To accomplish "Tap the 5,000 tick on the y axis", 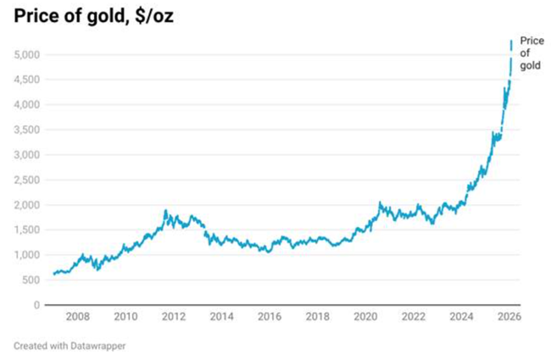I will point(26,55).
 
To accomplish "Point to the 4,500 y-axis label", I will point(26,80).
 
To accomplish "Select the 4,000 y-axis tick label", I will point(26,105).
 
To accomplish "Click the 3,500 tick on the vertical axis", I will point(26,130).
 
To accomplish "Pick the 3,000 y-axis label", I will point(26,155).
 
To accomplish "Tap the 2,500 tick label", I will point(26,180).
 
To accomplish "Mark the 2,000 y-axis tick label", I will point(26,205).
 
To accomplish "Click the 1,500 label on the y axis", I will point(26,230).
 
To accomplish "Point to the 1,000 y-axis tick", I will point(26,255).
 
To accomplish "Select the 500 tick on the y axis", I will point(31,280).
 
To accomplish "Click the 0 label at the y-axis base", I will point(37,305).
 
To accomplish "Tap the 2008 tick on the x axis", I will point(77,318).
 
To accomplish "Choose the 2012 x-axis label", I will point(173,318).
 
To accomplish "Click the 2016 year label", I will point(269,318).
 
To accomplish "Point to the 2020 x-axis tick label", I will point(365,318).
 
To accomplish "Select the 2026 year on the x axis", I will point(509,318).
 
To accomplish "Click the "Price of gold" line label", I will point(531,53).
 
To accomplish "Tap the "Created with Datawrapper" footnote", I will point(69,346).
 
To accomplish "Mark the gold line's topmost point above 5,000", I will point(510,41).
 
